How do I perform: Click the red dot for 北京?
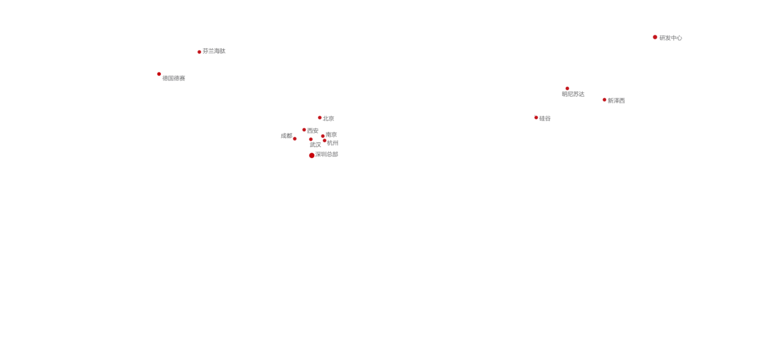point(320,117)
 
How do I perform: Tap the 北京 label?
point(329,119)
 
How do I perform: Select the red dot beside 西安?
point(305,130)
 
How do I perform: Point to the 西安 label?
point(313,131)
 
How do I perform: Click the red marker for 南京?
point(323,136)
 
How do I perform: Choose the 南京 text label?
point(332,134)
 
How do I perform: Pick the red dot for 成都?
point(295,139)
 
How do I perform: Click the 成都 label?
point(286,136)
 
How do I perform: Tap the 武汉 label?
point(315,145)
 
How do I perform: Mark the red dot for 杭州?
point(325,140)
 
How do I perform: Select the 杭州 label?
point(333,143)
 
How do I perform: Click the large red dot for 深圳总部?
point(312,156)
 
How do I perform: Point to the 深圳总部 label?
point(327,154)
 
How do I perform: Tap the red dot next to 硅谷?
point(536,117)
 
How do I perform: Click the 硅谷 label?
point(545,119)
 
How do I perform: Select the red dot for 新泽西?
point(604,100)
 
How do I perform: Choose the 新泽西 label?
point(616,101)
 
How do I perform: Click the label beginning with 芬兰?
point(214,51)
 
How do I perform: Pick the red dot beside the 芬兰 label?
point(199,52)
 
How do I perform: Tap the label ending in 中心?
point(671,38)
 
